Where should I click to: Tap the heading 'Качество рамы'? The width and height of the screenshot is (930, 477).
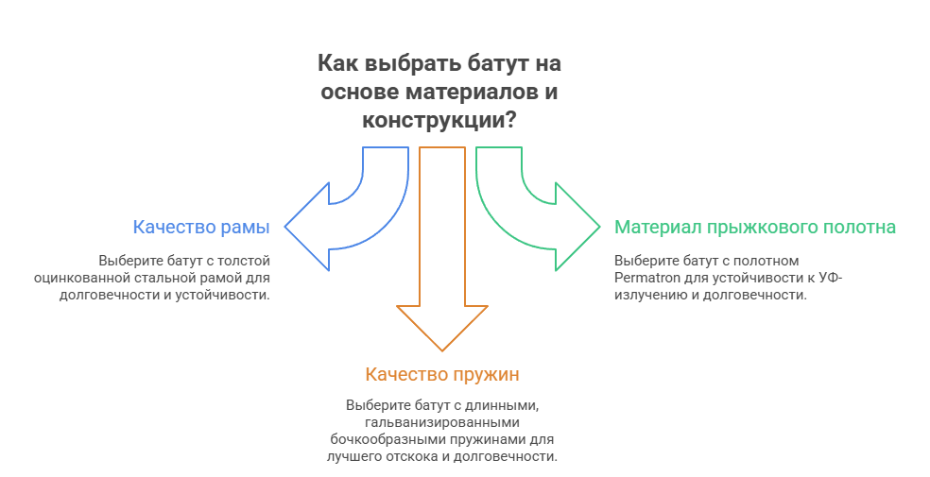click(201, 228)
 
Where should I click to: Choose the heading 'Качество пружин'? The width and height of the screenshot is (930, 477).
click(441, 375)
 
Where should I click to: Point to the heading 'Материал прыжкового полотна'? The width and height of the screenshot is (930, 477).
click(755, 228)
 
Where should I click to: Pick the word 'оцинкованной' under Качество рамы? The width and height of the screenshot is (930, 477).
click(73, 278)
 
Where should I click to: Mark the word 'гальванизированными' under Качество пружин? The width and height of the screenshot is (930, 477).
click(441, 422)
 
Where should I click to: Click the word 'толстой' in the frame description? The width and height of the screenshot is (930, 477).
click(249, 261)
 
